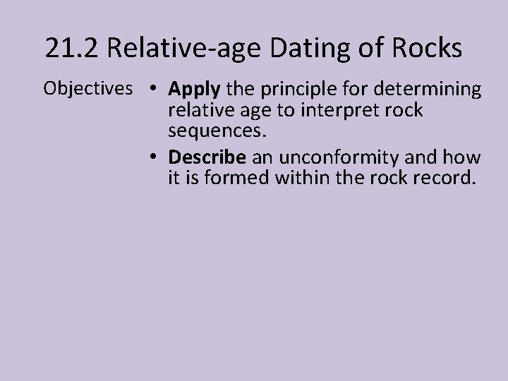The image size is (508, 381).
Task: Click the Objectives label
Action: point(88,90)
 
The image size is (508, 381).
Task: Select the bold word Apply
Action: point(195,90)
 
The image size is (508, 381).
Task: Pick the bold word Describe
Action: point(204,157)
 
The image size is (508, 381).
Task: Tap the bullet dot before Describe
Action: point(153,157)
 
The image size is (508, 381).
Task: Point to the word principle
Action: point(288,90)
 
